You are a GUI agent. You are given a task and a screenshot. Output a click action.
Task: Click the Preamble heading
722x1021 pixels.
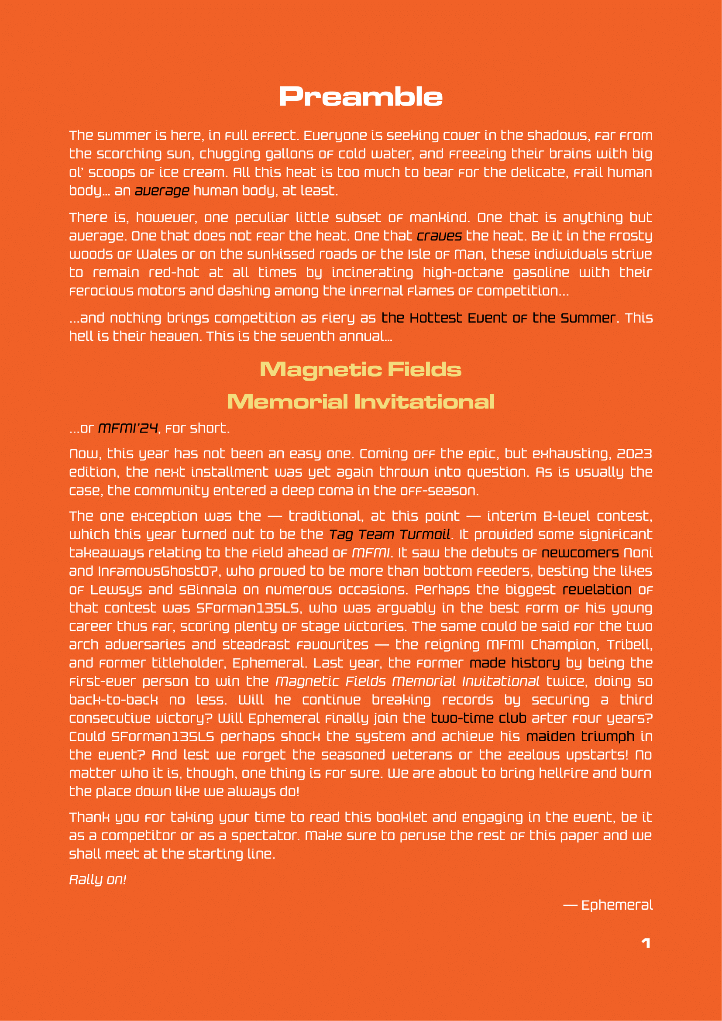coord(361,97)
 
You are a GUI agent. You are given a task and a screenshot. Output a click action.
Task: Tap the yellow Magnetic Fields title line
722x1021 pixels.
coord(361,370)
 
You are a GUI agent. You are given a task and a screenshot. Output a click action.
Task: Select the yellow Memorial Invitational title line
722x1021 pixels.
coord(361,402)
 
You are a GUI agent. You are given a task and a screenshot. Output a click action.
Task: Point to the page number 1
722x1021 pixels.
coord(646,943)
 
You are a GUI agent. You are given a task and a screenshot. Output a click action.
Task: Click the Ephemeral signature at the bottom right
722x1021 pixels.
coord(617,905)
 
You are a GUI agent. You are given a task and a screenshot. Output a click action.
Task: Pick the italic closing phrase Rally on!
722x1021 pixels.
coord(98,879)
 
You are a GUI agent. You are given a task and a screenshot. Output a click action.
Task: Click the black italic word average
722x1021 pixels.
coord(162,191)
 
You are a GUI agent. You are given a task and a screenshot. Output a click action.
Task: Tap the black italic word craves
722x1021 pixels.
coord(439,236)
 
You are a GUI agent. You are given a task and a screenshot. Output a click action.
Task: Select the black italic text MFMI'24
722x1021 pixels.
coord(127,428)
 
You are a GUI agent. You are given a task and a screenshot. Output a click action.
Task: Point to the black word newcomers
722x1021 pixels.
coord(580,553)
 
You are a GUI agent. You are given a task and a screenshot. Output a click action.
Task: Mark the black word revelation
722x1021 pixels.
coord(597,590)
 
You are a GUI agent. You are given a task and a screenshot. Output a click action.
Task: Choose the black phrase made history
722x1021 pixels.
coord(514,663)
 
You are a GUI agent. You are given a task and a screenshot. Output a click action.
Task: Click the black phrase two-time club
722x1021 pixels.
coord(478,718)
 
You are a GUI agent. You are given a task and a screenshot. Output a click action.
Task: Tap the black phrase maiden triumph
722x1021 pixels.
coord(580,736)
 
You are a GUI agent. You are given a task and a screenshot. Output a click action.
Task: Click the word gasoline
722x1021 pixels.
coord(541,272)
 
